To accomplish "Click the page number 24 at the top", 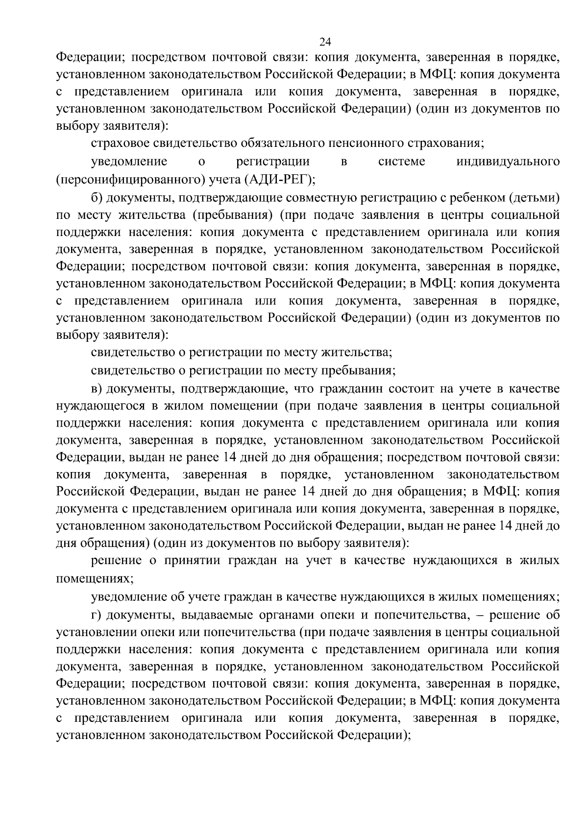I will click(325, 41).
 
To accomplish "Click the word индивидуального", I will click(508, 162).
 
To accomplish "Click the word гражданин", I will click(350, 389).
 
